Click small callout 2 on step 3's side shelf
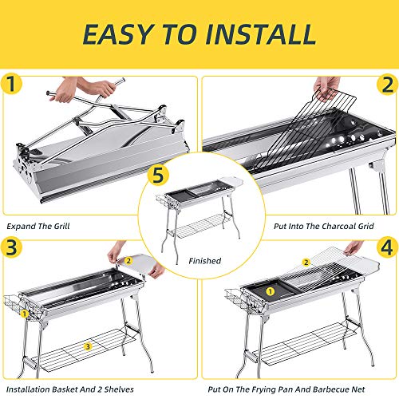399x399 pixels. (128, 261)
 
